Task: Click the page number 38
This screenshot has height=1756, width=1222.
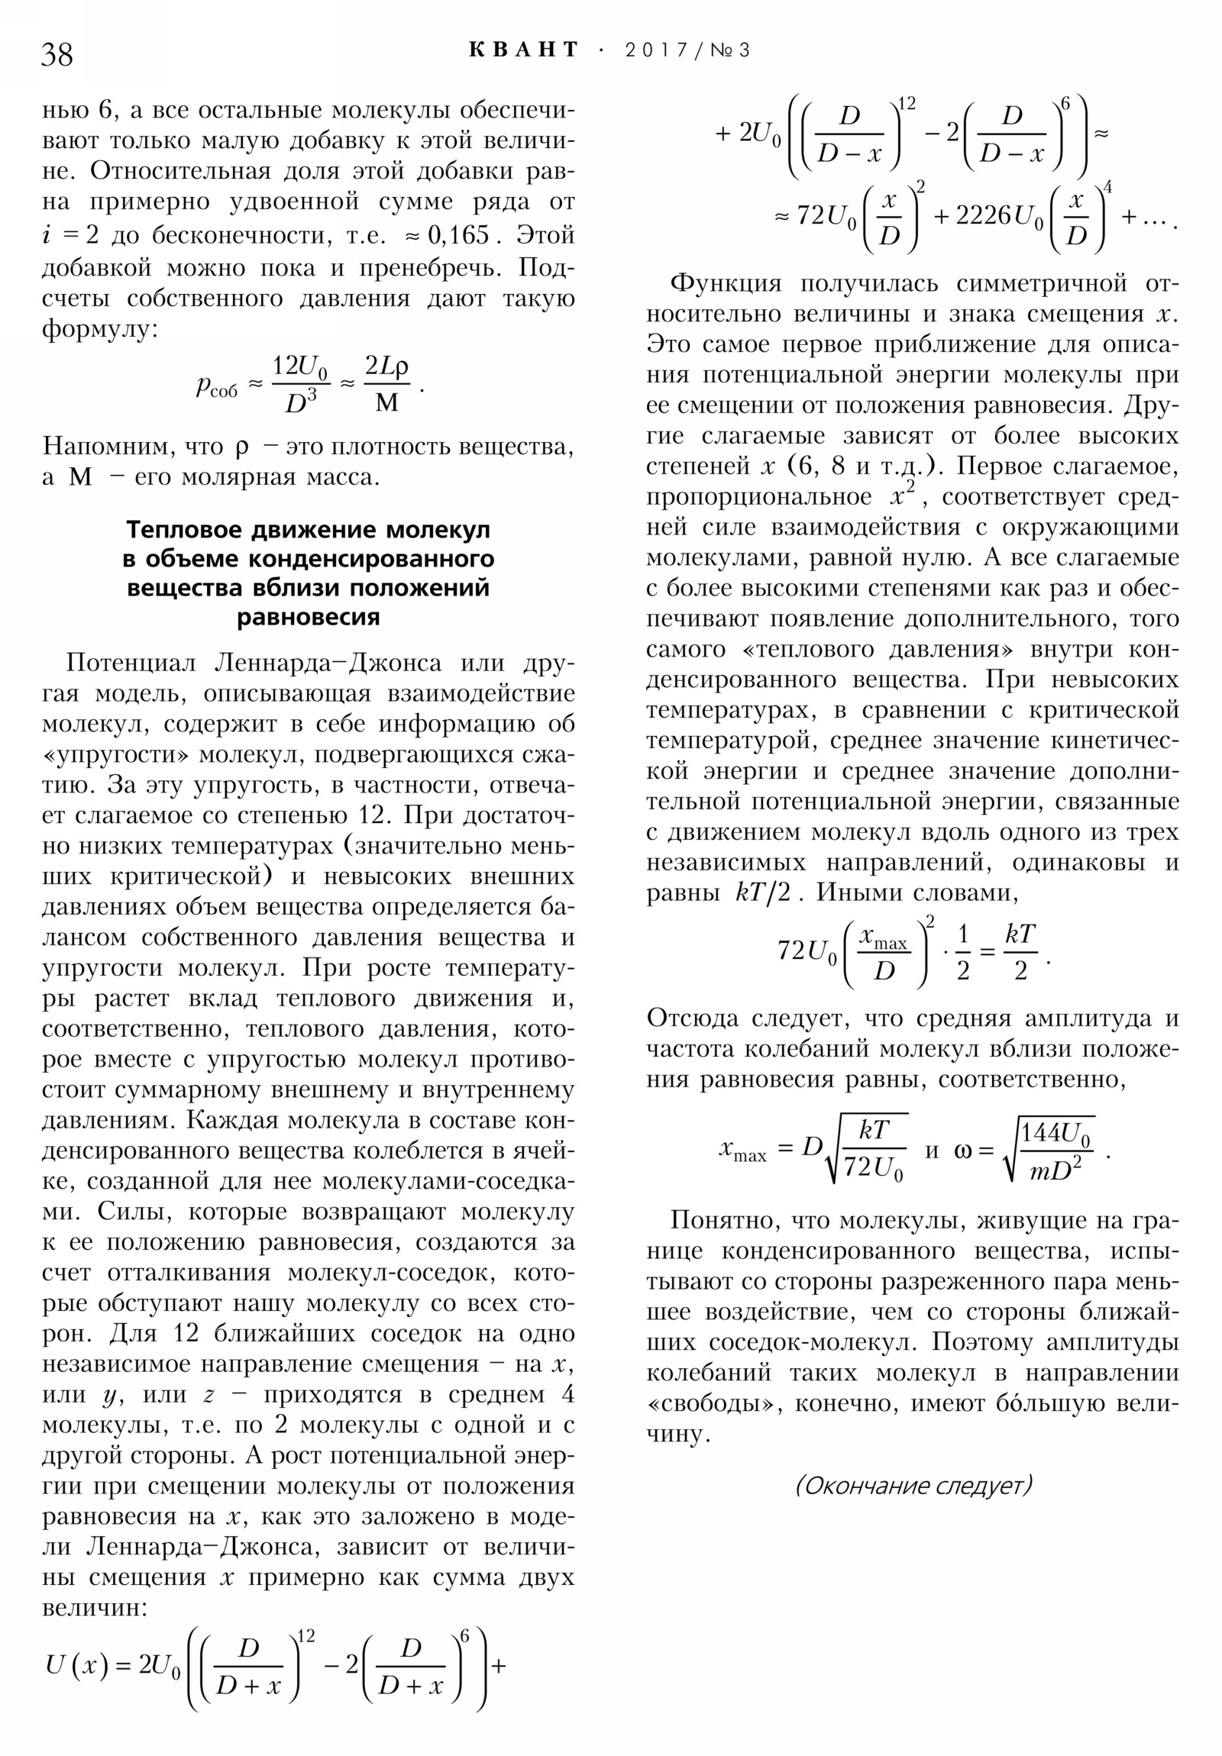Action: tap(57, 54)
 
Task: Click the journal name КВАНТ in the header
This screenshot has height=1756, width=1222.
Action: tap(523, 50)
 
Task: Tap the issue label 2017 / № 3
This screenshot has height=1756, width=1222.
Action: tap(687, 50)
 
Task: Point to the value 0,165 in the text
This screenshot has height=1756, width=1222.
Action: tap(457, 234)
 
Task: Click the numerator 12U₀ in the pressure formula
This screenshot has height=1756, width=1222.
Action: tap(301, 367)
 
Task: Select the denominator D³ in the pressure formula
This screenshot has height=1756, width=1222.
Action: tap(301, 401)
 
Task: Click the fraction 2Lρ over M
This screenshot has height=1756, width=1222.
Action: tap(387, 383)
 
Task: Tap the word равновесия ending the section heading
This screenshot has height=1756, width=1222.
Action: tap(309, 616)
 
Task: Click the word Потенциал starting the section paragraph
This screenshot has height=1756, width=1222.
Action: tap(131, 663)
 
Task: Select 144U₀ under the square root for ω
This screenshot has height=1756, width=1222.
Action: tap(1056, 1135)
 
